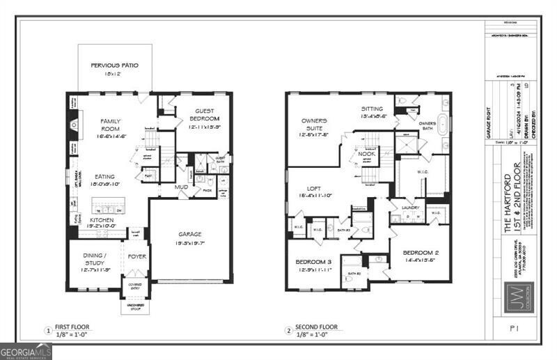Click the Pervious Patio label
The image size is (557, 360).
114,65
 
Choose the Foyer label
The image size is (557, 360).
136,256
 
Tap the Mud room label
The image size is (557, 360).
182,187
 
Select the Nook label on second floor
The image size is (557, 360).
367,153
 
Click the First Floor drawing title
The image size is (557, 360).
72,327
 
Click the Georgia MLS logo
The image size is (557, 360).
26,352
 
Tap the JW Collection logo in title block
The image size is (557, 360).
520,295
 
